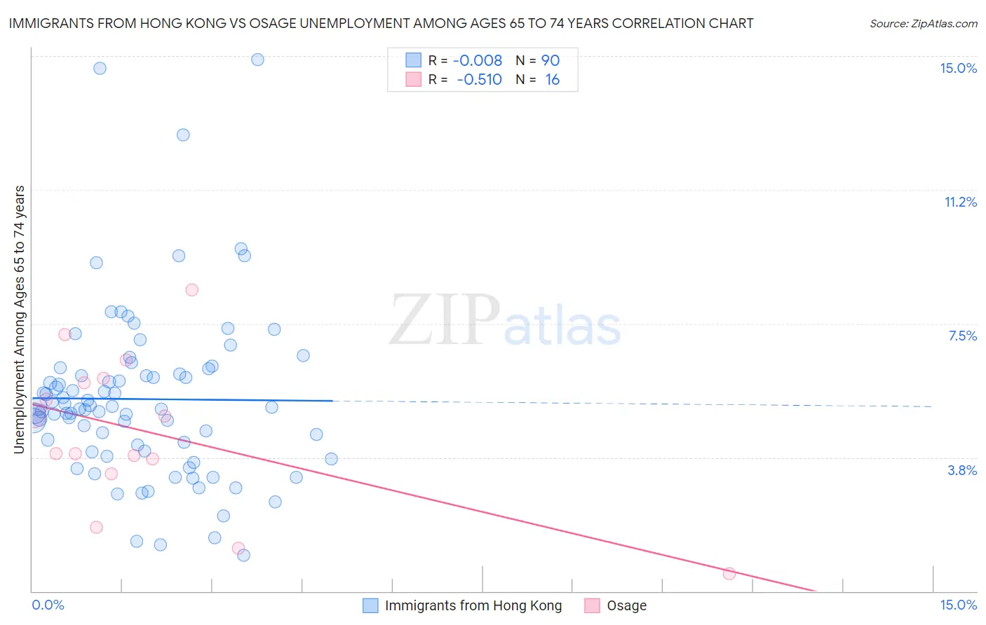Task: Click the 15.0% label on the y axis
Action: click(958, 68)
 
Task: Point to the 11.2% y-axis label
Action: click(960, 202)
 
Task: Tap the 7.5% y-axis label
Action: click(962, 336)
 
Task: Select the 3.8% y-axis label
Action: click(962, 470)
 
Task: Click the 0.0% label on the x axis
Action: click(48, 605)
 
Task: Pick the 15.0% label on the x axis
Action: click(958, 605)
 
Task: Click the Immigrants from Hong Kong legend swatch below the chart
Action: click(370, 605)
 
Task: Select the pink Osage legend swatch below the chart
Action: click(592, 605)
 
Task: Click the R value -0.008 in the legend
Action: click(478, 60)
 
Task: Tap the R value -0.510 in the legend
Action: click(479, 79)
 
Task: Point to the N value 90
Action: click(551, 60)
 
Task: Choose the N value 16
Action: click(552, 79)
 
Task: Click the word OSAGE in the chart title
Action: click(322, 23)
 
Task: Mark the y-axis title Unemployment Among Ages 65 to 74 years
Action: click(20, 320)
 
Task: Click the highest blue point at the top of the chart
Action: click(257, 60)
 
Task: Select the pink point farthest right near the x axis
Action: click(729, 573)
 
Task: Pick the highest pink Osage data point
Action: click(191, 289)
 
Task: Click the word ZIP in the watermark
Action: click(444, 320)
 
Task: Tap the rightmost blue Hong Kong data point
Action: click(331, 459)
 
